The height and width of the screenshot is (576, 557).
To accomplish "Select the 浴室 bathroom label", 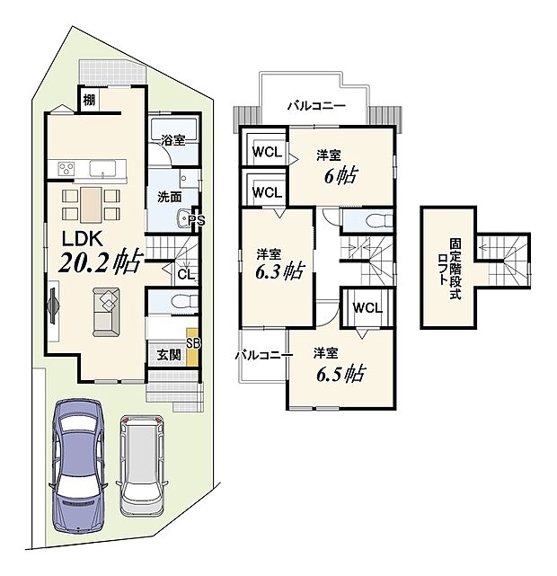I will [173, 141].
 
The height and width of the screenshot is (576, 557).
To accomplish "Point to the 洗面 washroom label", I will [171, 196].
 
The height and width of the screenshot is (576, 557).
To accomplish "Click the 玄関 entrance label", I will [170, 354].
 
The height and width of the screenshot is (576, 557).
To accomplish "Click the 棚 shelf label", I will [91, 100].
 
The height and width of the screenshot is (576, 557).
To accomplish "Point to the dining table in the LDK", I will [91, 204].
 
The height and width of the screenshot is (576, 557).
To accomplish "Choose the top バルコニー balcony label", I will [315, 105].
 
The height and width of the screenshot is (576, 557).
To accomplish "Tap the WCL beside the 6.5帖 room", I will [366, 308].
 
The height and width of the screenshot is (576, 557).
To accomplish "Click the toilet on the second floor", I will [376, 219].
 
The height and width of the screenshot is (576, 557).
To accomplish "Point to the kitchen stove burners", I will [67, 168].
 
